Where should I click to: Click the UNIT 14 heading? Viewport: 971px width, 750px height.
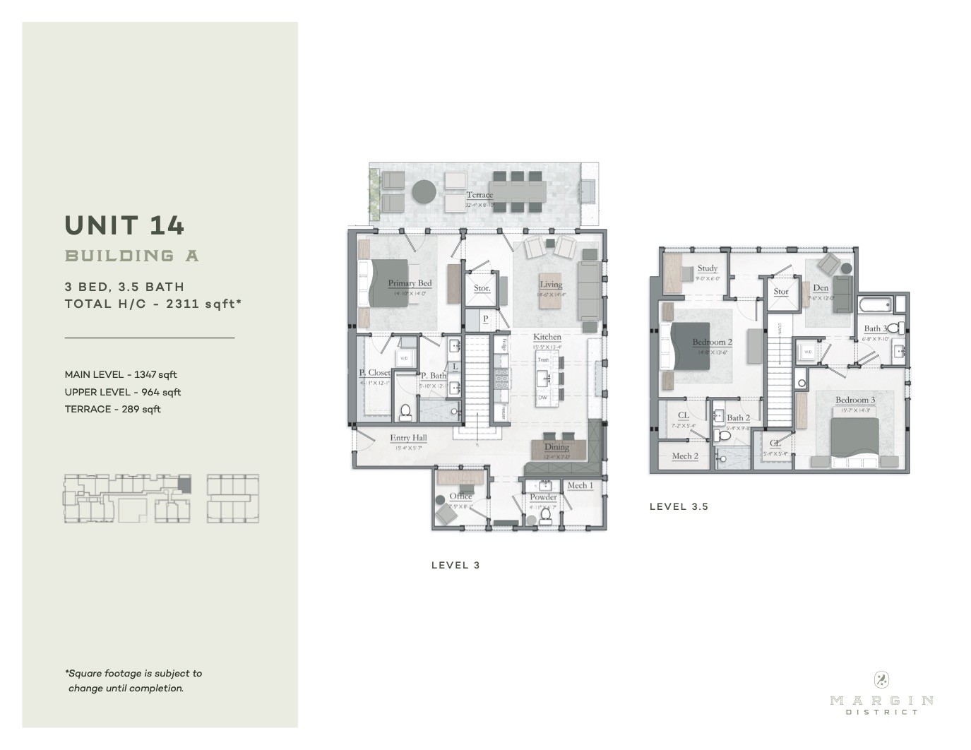(x=124, y=225)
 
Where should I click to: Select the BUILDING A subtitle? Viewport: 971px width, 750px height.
(x=132, y=256)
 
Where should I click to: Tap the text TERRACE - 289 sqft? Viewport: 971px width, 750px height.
(x=112, y=409)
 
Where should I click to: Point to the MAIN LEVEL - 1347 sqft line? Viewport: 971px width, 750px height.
(x=120, y=374)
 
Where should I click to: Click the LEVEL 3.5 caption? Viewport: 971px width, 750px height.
(x=679, y=506)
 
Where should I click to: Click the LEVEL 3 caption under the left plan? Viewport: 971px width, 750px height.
(x=455, y=565)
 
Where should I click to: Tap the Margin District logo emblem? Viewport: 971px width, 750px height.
(x=881, y=679)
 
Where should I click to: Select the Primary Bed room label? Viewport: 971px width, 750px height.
(x=410, y=283)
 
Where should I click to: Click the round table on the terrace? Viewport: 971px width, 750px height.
(x=424, y=191)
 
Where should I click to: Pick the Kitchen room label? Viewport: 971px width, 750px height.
(x=547, y=337)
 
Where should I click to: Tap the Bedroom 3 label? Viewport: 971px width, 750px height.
(x=854, y=400)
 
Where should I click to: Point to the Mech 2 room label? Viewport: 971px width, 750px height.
(x=684, y=456)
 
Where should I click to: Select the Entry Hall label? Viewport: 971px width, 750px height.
(x=408, y=438)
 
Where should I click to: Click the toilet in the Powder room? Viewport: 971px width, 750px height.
(x=545, y=515)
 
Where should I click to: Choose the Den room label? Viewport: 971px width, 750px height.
(x=820, y=287)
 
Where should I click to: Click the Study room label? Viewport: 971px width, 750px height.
(x=707, y=268)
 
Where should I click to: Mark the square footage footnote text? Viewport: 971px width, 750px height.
(x=133, y=681)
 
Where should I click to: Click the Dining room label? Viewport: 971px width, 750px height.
(x=556, y=446)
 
